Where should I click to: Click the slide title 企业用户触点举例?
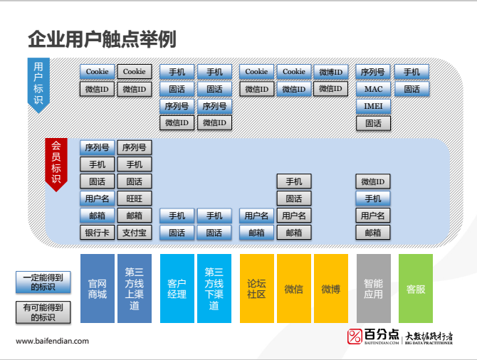coord(101,38)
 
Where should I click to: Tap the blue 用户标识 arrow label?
coord(38,83)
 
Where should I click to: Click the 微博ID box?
coord(330,72)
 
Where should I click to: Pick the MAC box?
coord(373,89)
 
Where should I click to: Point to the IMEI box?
coord(373,106)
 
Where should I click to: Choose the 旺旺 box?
coord(134,198)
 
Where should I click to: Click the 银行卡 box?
coord(97,233)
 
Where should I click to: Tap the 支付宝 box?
coord(134,233)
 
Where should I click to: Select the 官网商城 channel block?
coord(97,288)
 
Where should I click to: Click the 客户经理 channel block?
coord(177,288)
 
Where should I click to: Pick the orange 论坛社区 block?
coord(256,288)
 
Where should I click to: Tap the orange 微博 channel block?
coord(330,288)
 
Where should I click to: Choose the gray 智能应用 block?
coord(373,288)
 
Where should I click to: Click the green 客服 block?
coord(416,288)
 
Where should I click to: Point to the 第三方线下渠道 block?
coord(214,288)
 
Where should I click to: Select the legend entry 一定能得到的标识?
coord(43,282)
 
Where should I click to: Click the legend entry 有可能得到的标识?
coord(43,312)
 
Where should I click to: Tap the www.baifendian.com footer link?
coord(53,342)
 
